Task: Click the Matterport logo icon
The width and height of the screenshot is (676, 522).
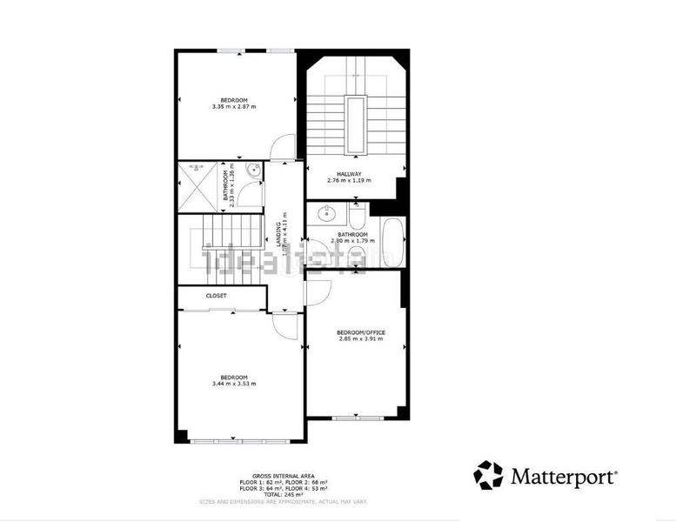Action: [x=488, y=475]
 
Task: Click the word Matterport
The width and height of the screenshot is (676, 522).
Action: [x=564, y=477]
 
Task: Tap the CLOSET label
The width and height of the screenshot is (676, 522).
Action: [x=217, y=296]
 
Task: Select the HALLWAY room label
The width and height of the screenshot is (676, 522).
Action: [x=349, y=174]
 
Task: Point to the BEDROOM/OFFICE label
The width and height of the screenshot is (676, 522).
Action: [x=361, y=332]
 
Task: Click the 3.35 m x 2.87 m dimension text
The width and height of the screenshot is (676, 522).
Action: [x=233, y=106]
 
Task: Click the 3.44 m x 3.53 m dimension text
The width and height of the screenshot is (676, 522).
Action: [x=233, y=384]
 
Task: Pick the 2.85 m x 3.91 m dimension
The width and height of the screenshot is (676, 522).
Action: [x=361, y=339]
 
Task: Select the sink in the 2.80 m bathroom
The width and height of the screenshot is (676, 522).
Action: [x=328, y=214]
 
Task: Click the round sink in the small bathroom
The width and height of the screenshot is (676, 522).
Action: [x=253, y=171]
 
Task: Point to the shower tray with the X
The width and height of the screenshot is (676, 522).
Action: [x=194, y=185]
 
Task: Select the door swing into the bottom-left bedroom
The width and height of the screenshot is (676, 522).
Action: [x=284, y=325]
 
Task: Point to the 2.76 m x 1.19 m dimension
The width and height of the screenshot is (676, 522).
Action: [x=349, y=181]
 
